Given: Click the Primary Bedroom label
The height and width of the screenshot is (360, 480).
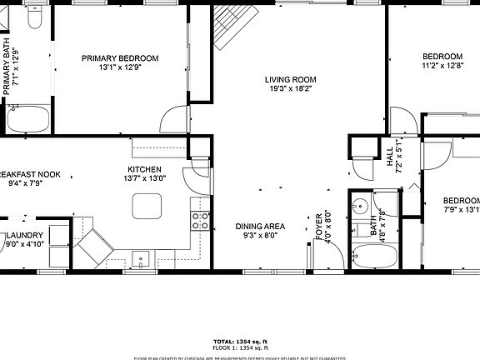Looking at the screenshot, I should [119, 58].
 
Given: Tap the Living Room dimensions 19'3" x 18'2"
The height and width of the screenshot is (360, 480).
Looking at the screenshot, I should [290, 91].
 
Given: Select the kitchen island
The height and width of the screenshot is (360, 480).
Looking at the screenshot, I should [147, 205].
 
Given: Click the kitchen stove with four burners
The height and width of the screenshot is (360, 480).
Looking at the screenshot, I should [200, 221].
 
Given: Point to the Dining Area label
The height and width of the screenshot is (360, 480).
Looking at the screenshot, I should [261, 226].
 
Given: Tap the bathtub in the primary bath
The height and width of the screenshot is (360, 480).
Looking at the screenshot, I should [27, 118].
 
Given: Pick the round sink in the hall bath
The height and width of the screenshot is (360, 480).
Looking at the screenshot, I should [360, 206].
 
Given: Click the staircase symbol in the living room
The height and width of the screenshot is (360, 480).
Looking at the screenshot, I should [226, 31].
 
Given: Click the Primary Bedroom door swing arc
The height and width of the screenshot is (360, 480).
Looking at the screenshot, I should [173, 117].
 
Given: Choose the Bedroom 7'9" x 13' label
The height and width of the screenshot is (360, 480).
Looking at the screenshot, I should [461, 201].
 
